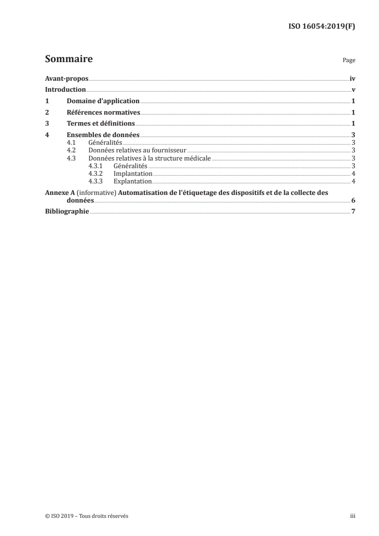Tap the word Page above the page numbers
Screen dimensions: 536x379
tap(348, 61)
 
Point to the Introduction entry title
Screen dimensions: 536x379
tap(65, 90)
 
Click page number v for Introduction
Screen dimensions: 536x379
tap(353, 90)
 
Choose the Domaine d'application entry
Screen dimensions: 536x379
tap(103, 101)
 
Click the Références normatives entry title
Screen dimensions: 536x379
tap(103, 113)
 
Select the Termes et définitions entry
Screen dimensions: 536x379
tap(101, 124)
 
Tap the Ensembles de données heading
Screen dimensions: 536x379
tap(103, 135)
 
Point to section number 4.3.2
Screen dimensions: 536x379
tap(95, 173)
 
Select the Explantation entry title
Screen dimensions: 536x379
tap(132, 181)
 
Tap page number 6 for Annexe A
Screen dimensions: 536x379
tap(353, 201)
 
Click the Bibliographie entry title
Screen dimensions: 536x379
tap(67, 212)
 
